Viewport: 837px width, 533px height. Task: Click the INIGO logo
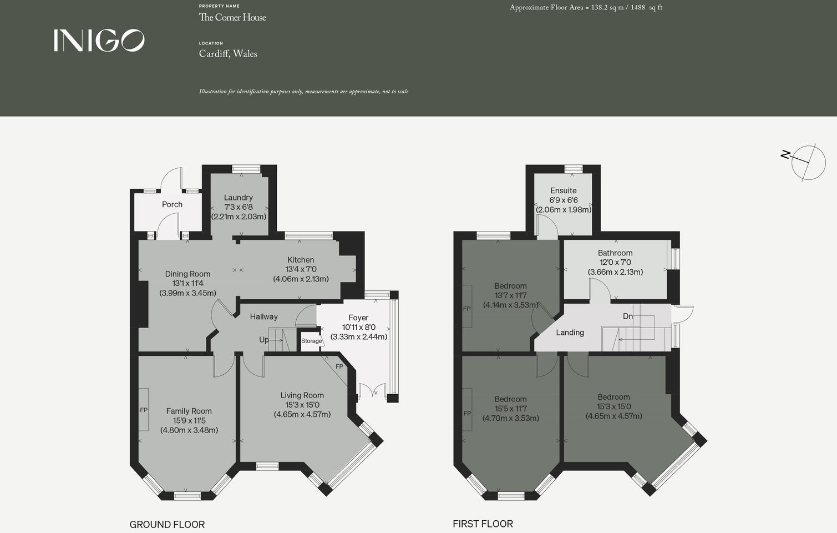(x=99, y=41)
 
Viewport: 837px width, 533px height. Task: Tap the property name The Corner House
(x=232, y=17)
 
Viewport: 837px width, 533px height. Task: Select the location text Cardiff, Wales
(x=228, y=54)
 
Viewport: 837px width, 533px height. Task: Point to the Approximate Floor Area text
(x=586, y=8)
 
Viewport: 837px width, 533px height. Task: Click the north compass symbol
(x=804, y=162)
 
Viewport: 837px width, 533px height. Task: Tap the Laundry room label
(x=239, y=198)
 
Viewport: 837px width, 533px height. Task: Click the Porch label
(x=172, y=204)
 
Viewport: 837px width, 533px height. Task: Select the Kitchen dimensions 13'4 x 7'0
(x=301, y=269)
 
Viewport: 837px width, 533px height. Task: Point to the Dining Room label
(x=187, y=274)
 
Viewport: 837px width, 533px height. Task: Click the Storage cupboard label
(x=311, y=341)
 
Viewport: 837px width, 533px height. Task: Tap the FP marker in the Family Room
(x=144, y=410)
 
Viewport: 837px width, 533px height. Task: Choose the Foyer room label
(x=358, y=318)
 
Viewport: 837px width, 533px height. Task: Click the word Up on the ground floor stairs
(x=264, y=340)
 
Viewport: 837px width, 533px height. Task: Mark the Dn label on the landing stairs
(x=627, y=316)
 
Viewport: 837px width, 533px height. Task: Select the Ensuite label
(x=564, y=190)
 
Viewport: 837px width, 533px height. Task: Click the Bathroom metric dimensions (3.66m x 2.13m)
(x=615, y=272)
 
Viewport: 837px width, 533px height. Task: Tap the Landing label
(x=570, y=333)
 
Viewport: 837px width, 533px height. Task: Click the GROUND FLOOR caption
(x=167, y=525)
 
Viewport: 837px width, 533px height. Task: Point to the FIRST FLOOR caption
(x=483, y=524)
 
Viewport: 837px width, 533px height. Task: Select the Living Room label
(x=302, y=395)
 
